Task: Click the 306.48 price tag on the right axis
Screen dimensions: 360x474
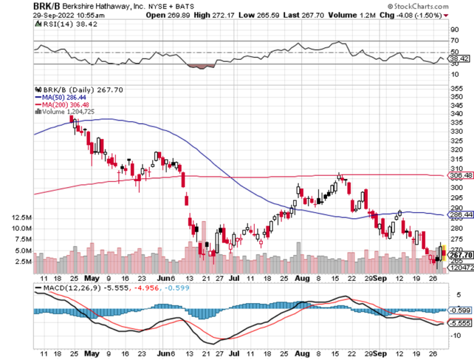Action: coord(459,176)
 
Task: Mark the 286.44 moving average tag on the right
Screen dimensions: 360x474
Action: coord(459,215)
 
